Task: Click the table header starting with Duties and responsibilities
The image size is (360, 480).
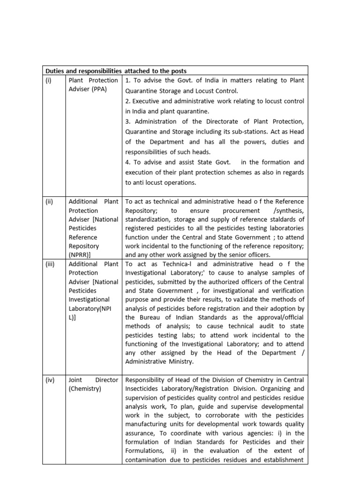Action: point(116,71)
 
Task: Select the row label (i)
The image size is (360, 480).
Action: point(49,80)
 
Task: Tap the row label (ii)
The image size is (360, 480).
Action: point(49,202)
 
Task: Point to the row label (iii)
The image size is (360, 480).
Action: point(50,264)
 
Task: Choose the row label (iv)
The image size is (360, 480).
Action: point(50,380)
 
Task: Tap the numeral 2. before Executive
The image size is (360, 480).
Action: point(127,101)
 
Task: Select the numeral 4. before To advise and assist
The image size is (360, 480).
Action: point(127,162)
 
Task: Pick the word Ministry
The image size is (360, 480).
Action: point(180,361)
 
